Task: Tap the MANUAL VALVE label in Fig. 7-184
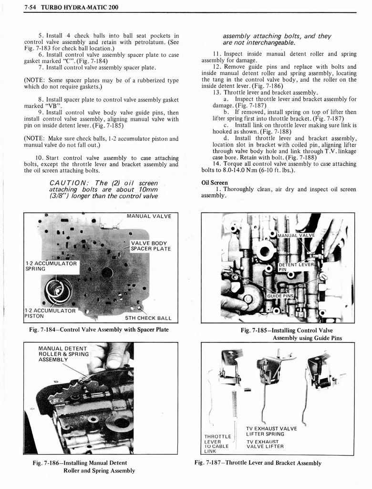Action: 148,216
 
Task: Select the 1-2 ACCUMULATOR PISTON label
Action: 50,313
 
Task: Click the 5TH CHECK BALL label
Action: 148,318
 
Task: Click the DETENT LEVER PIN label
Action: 296,267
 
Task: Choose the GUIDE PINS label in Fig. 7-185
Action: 280,296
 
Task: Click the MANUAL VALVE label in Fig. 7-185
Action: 296,235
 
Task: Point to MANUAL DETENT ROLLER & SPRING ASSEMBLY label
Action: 63,354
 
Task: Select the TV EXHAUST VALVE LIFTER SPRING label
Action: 271,431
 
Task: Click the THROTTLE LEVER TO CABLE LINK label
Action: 217,444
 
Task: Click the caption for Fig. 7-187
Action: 258,463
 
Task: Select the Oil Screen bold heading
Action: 215,182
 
